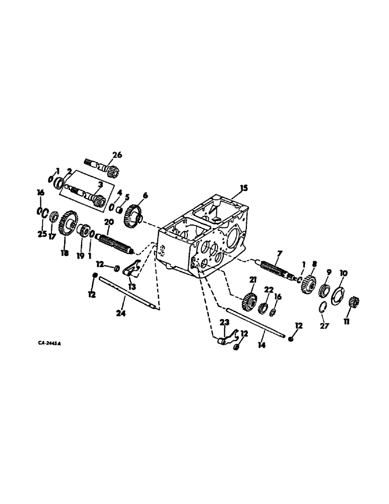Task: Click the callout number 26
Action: point(117,155)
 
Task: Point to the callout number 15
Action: point(244,188)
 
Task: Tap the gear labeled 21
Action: point(247,302)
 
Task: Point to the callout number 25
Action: point(41,234)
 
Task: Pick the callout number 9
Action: point(328,272)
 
